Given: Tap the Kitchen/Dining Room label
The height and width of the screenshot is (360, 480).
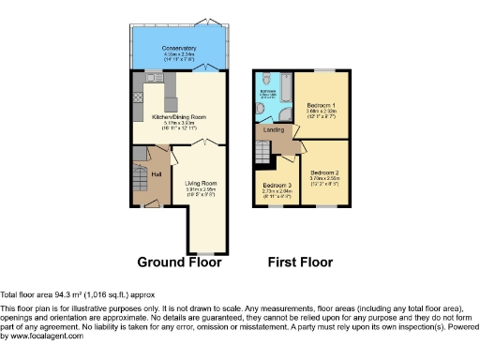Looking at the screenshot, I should (x=178, y=117).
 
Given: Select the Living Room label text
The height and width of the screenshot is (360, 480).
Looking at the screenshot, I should (x=201, y=183).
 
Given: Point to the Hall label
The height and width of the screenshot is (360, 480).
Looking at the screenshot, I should (x=156, y=173).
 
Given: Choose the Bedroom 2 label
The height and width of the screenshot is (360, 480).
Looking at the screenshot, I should (x=325, y=173).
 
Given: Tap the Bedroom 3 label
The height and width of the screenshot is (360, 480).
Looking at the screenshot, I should (x=277, y=185).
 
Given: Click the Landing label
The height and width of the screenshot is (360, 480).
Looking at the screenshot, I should (x=275, y=129).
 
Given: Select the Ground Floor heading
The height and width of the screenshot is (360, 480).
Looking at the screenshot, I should (x=179, y=262).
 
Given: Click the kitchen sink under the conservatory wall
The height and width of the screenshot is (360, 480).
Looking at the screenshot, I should (x=155, y=77).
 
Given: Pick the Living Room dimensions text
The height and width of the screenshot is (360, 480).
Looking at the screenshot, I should (x=201, y=191).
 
